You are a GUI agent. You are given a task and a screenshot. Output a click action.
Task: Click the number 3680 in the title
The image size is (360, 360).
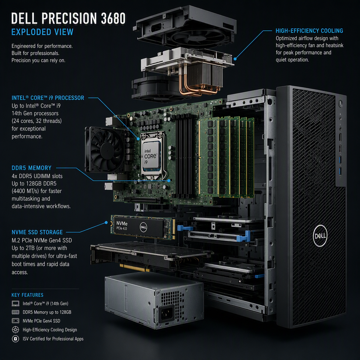(113, 18)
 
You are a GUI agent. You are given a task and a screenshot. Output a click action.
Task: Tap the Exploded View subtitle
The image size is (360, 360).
(42, 32)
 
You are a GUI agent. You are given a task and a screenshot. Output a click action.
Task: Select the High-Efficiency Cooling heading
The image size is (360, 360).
(309, 31)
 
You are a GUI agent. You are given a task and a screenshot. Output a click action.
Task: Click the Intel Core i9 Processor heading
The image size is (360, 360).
(48, 98)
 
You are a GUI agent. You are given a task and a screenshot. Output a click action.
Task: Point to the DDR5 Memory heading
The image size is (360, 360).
(31, 168)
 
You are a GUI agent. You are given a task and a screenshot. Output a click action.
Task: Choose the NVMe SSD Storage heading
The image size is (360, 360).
(37, 232)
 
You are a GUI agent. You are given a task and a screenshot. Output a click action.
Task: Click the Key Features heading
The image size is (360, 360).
(27, 295)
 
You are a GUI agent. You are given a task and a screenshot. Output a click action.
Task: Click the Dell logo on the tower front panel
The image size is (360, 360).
(320, 236)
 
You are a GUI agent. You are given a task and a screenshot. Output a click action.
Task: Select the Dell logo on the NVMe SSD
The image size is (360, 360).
(143, 227)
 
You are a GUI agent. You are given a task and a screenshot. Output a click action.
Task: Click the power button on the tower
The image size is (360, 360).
(340, 103)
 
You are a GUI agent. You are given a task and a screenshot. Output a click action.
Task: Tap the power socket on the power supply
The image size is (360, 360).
(166, 313)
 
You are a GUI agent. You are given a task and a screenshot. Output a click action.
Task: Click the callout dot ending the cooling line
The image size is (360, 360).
(235, 59)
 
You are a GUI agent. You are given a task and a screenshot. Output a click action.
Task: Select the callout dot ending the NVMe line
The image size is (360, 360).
(106, 222)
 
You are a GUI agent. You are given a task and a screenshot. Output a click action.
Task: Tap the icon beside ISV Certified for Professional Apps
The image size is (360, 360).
(15, 339)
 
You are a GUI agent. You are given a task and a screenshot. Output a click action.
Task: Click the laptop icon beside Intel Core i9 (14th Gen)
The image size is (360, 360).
(15, 303)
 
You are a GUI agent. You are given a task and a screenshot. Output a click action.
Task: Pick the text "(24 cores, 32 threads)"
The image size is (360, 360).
(37, 121)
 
